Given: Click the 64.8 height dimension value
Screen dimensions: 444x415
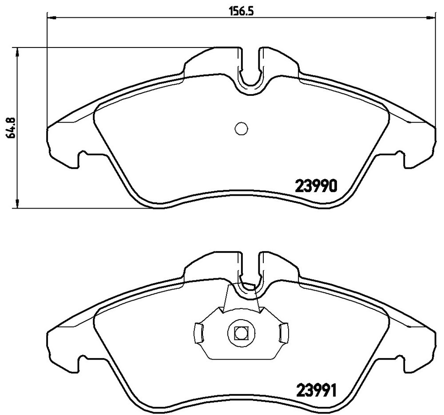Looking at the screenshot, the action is (x=12, y=127).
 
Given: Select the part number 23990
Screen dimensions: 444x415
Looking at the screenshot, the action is (x=316, y=186).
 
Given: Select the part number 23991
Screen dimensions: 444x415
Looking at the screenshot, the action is (x=316, y=390).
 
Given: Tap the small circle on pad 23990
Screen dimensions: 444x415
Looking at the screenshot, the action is (x=241, y=129).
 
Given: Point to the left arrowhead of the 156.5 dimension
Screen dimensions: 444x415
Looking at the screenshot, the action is (x=51, y=18).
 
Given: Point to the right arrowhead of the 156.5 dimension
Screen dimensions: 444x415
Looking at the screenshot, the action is (x=431, y=18).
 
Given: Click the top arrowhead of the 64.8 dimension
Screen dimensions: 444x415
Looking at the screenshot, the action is (x=18, y=52).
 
